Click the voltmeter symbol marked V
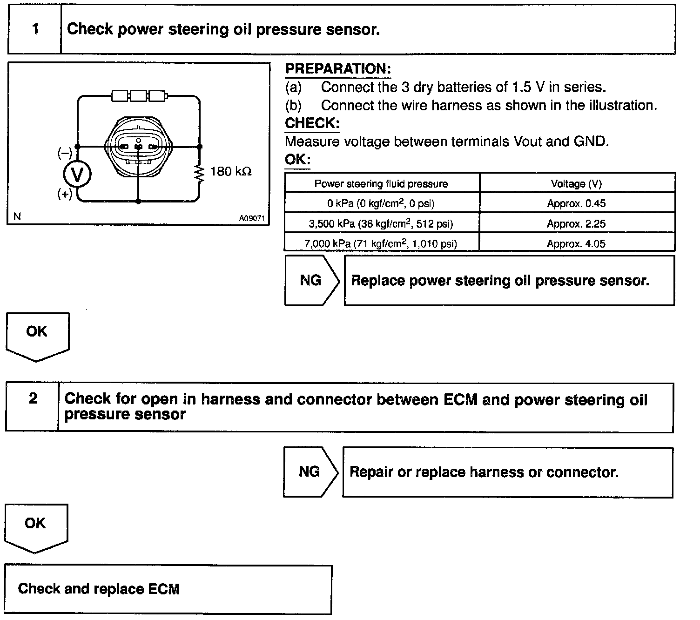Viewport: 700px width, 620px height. (x=77, y=174)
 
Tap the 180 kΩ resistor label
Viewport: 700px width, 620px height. (x=231, y=171)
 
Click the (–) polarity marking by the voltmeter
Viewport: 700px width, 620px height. (x=65, y=152)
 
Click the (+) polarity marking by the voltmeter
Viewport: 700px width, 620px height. (x=65, y=194)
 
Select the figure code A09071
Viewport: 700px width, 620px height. (x=251, y=218)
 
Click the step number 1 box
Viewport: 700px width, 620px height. (x=34, y=29)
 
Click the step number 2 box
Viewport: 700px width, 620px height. (x=33, y=407)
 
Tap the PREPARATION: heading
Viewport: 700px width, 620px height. (x=338, y=69)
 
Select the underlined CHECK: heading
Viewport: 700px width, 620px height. (x=312, y=123)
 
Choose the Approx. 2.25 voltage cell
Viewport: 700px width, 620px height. (x=577, y=223)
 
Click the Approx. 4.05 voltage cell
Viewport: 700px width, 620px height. (x=576, y=243)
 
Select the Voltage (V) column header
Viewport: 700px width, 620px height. (x=577, y=183)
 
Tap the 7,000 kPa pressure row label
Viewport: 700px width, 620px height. (x=381, y=243)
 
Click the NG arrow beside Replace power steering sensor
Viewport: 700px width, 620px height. (x=312, y=280)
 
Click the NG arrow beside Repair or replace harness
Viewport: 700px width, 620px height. (x=310, y=472)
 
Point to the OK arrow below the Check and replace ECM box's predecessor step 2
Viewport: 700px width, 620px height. (x=36, y=528)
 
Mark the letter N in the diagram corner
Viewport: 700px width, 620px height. (x=17, y=216)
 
